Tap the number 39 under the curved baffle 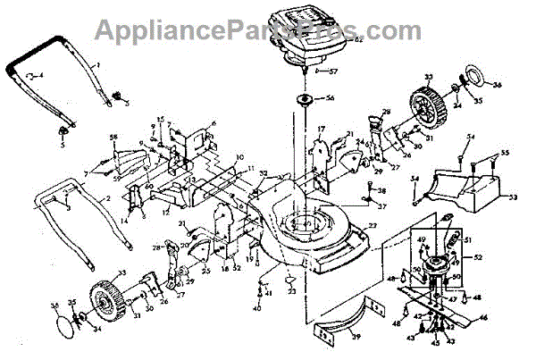tap(356, 336)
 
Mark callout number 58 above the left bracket tap(113, 136)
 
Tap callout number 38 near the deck tap(382, 190)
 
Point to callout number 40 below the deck tap(255, 308)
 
